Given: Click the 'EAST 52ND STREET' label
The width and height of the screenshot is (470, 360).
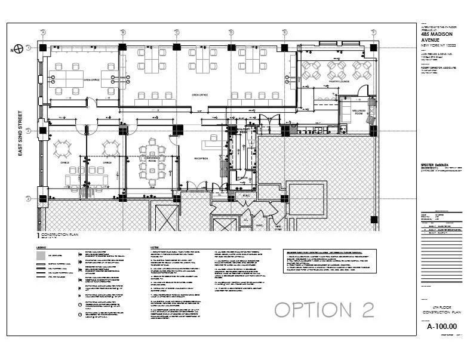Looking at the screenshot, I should pyautogui.click(x=20, y=133).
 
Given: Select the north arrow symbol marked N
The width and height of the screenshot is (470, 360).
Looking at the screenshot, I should pyautogui.click(x=19, y=48).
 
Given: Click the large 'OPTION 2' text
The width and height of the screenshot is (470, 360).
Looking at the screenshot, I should pyautogui.click(x=324, y=309).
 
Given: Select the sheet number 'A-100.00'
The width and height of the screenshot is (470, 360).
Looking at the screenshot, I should pyautogui.click(x=441, y=327).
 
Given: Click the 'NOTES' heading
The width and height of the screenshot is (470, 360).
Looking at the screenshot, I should pyautogui.click(x=155, y=247).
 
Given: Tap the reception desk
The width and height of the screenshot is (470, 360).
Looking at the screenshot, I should pyautogui.click(x=211, y=141).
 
